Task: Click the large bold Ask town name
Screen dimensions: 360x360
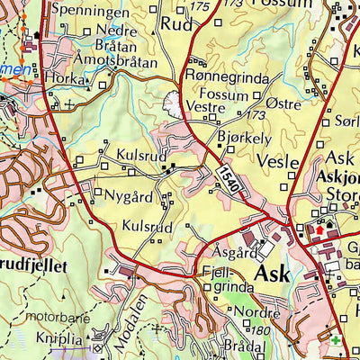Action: (x=273, y=273)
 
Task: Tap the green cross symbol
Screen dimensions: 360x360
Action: (x=337, y=343)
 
